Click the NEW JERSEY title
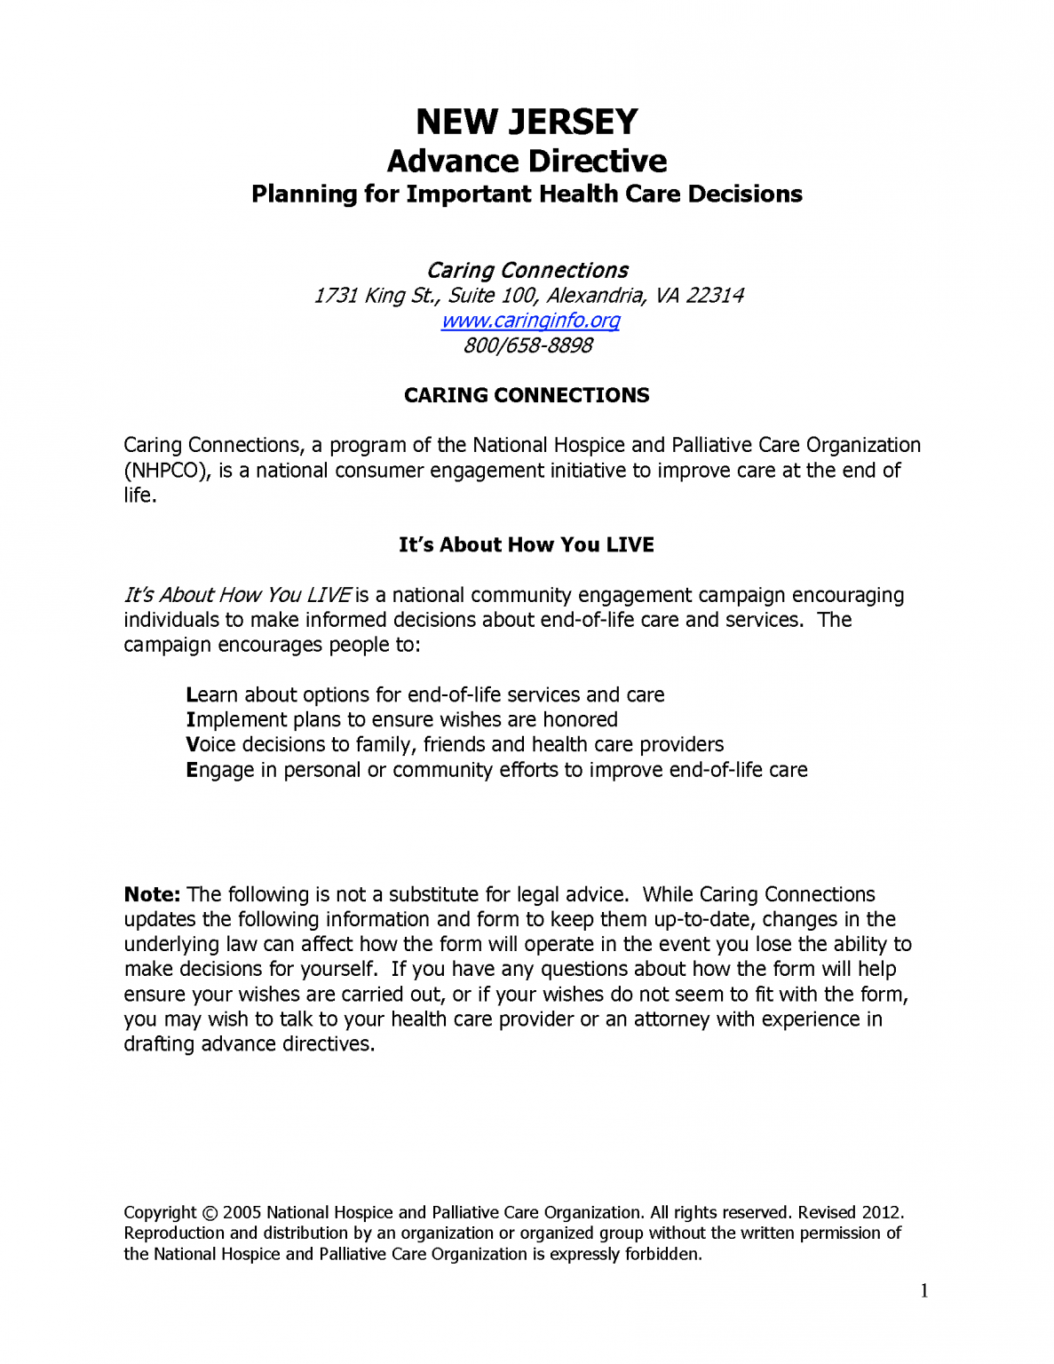(527, 122)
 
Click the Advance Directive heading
(527, 162)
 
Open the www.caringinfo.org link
(530, 321)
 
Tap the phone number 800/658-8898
(527, 345)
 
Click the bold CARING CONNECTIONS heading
(527, 395)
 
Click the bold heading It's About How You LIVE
(527, 544)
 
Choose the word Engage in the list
(219, 770)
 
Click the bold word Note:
(152, 894)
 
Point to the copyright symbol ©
(210, 1213)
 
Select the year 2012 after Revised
(881, 1213)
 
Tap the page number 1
(924, 1291)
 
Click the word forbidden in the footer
(664, 1255)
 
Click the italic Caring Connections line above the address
(527, 271)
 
